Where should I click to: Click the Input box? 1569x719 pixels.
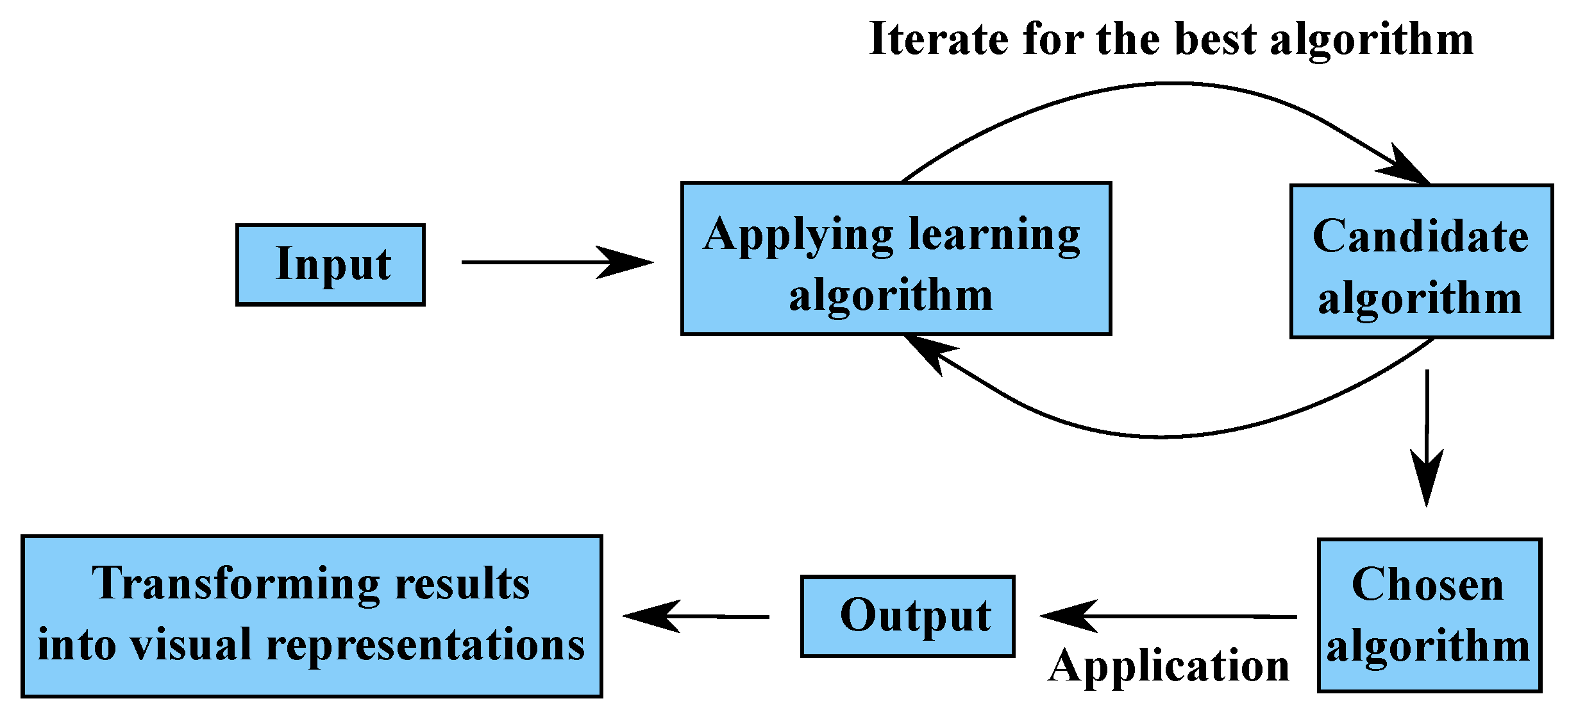point(330,264)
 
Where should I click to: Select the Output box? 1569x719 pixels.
point(907,616)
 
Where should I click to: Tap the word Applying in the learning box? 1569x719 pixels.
point(798,236)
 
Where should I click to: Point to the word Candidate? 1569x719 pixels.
point(1420,237)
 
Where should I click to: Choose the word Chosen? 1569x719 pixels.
point(1427,585)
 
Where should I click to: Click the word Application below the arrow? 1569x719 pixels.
point(1168,668)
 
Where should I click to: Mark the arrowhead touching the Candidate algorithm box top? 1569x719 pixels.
point(1404,167)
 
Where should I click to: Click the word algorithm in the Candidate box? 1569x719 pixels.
point(1420,299)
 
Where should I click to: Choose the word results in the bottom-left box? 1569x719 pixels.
point(462,585)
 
